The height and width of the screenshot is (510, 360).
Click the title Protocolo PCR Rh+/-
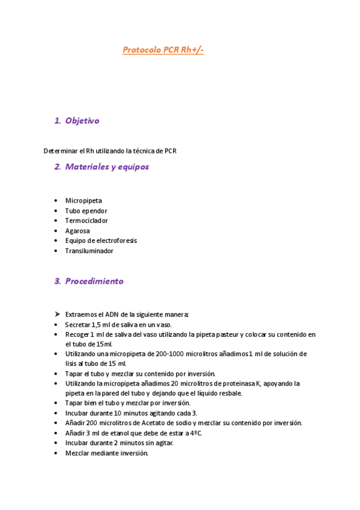[163, 50]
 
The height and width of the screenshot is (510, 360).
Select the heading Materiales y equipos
[107, 167]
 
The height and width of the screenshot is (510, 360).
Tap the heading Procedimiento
[94, 281]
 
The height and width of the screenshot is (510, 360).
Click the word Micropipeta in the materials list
[84, 201]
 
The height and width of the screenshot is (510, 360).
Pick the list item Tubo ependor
[86, 211]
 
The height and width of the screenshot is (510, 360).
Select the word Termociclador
[87, 221]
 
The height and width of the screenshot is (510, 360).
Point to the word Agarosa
[78, 231]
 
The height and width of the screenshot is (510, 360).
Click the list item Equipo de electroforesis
[101, 241]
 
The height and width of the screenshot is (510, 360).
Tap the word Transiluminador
[89, 251]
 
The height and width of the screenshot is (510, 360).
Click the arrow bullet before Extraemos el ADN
[56, 315]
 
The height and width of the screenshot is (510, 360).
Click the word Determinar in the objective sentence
[60, 151]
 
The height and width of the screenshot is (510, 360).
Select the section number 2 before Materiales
[57, 167]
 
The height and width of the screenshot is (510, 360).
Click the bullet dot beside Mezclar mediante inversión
[56, 453]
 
